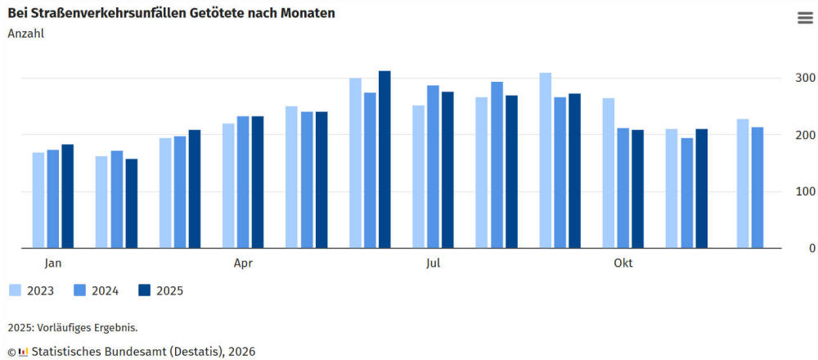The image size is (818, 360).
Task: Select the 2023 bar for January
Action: pyautogui.click(x=38, y=200)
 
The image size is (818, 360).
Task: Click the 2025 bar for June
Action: pyautogui.click(x=384, y=160)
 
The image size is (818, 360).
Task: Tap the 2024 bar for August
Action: pyautogui.click(x=497, y=164)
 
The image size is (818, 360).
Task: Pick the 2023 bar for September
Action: pyautogui.click(x=545, y=160)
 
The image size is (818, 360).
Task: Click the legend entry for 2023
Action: pyautogui.click(x=33, y=290)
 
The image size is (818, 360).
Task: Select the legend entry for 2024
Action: pyautogui.click(x=97, y=290)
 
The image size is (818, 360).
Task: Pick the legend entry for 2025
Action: pyautogui.click(x=160, y=290)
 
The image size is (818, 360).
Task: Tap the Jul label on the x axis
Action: pyautogui.click(x=433, y=263)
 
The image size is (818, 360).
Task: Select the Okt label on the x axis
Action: pyautogui.click(x=622, y=263)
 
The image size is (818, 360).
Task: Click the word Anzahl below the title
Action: pyautogui.click(x=25, y=34)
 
